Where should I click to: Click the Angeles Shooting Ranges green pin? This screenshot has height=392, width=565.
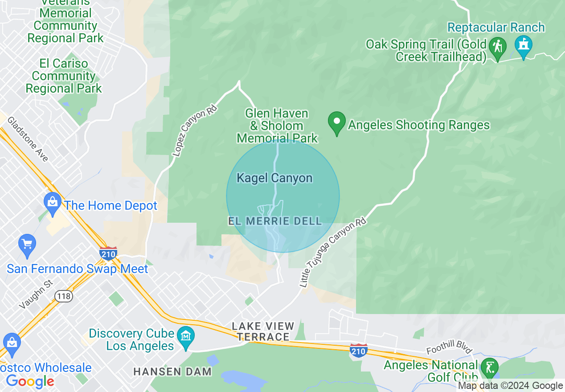[x=337, y=122]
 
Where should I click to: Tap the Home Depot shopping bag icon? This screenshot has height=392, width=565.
[x=53, y=204]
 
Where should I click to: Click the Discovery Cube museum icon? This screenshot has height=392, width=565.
[x=186, y=337]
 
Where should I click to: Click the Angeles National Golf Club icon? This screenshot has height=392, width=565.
[x=490, y=368]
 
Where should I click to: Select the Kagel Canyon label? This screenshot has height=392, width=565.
[x=274, y=178]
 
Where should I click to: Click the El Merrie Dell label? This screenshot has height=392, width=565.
[x=275, y=221]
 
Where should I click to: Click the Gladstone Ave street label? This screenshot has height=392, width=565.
[x=28, y=139]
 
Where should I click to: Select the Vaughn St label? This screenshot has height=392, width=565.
[x=36, y=294]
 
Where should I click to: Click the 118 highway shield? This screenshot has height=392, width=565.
[x=63, y=296]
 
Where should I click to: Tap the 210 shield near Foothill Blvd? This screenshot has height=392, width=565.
[x=358, y=350]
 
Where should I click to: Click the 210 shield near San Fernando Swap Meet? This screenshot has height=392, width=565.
[x=108, y=253]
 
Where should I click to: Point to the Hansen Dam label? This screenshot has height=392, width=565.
[x=172, y=371]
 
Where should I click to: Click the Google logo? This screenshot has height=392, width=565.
[x=30, y=381]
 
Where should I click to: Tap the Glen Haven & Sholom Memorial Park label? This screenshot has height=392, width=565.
[x=277, y=126]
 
